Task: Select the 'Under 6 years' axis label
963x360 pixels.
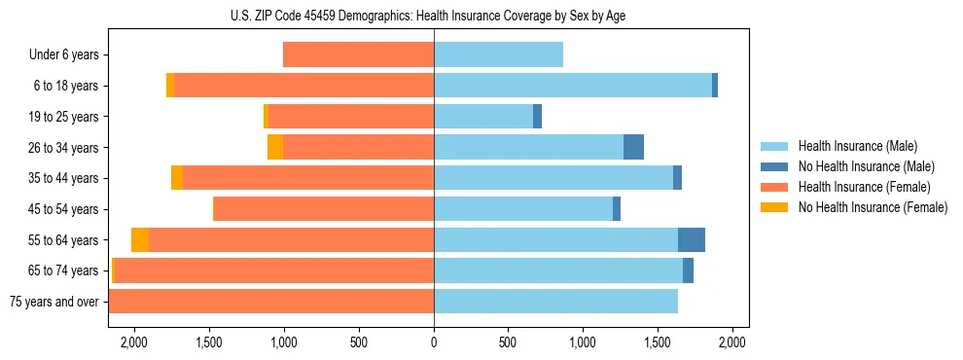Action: point(63,55)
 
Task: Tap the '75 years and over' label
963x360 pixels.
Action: point(53,302)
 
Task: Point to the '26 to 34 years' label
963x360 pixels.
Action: point(63,148)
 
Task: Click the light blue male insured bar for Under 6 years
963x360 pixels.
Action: point(498,55)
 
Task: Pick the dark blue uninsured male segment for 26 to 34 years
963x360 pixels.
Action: point(633,147)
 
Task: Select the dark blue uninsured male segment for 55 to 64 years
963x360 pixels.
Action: point(691,239)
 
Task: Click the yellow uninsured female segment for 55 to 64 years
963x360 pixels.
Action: point(140,239)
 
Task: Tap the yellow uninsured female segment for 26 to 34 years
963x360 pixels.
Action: point(275,147)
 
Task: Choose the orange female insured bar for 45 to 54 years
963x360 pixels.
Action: point(323,209)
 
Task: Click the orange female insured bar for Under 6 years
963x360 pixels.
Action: point(358,55)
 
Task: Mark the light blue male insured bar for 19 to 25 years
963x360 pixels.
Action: point(483,117)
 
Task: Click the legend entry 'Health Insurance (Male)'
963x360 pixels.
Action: point(857,146)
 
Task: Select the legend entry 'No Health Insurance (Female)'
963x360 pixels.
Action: point(873,207)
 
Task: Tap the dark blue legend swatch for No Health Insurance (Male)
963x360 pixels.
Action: point(774,166)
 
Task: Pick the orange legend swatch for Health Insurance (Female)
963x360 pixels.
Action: point(774,187)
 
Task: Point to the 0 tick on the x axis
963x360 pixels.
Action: point(434,342)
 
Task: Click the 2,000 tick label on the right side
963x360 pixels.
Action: point(732,342)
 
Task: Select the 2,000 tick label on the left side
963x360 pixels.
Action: point(133,342)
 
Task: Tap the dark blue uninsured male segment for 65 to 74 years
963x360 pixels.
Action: point(688,270)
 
